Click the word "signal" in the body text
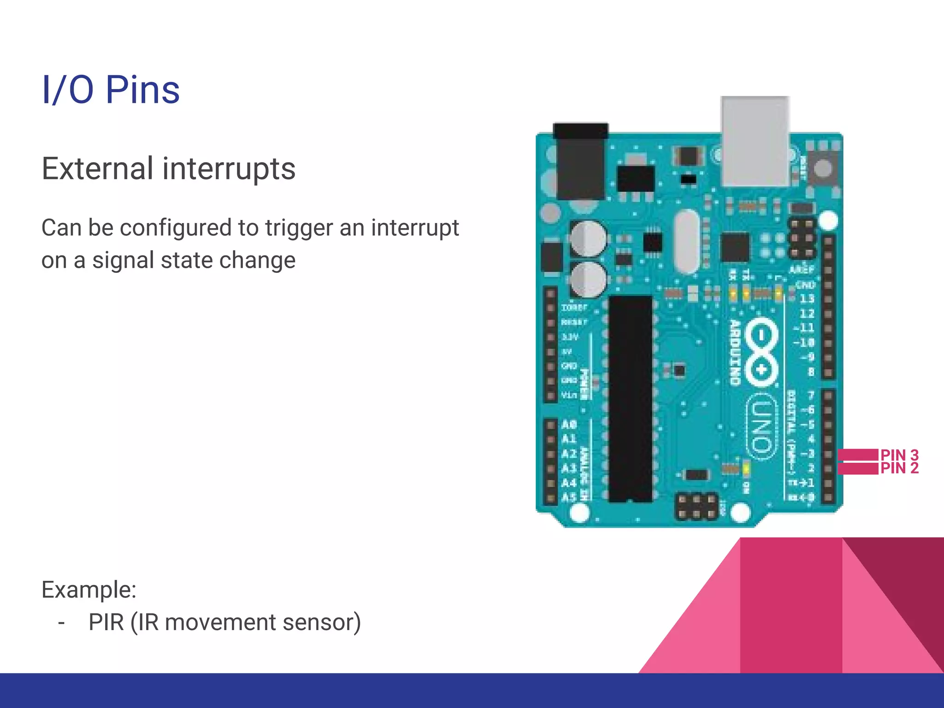point(123,260)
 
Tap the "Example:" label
point(89,590)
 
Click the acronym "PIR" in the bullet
point(106,622)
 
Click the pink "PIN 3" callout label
point(899,455)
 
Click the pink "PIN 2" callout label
point(899,468)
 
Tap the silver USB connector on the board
point(755,141)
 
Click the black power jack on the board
point(581,161)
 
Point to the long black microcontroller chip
point(631,399)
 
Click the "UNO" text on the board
point(761,426)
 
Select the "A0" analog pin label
point(569,424)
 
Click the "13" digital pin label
point(807,299)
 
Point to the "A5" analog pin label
point(569,497)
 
